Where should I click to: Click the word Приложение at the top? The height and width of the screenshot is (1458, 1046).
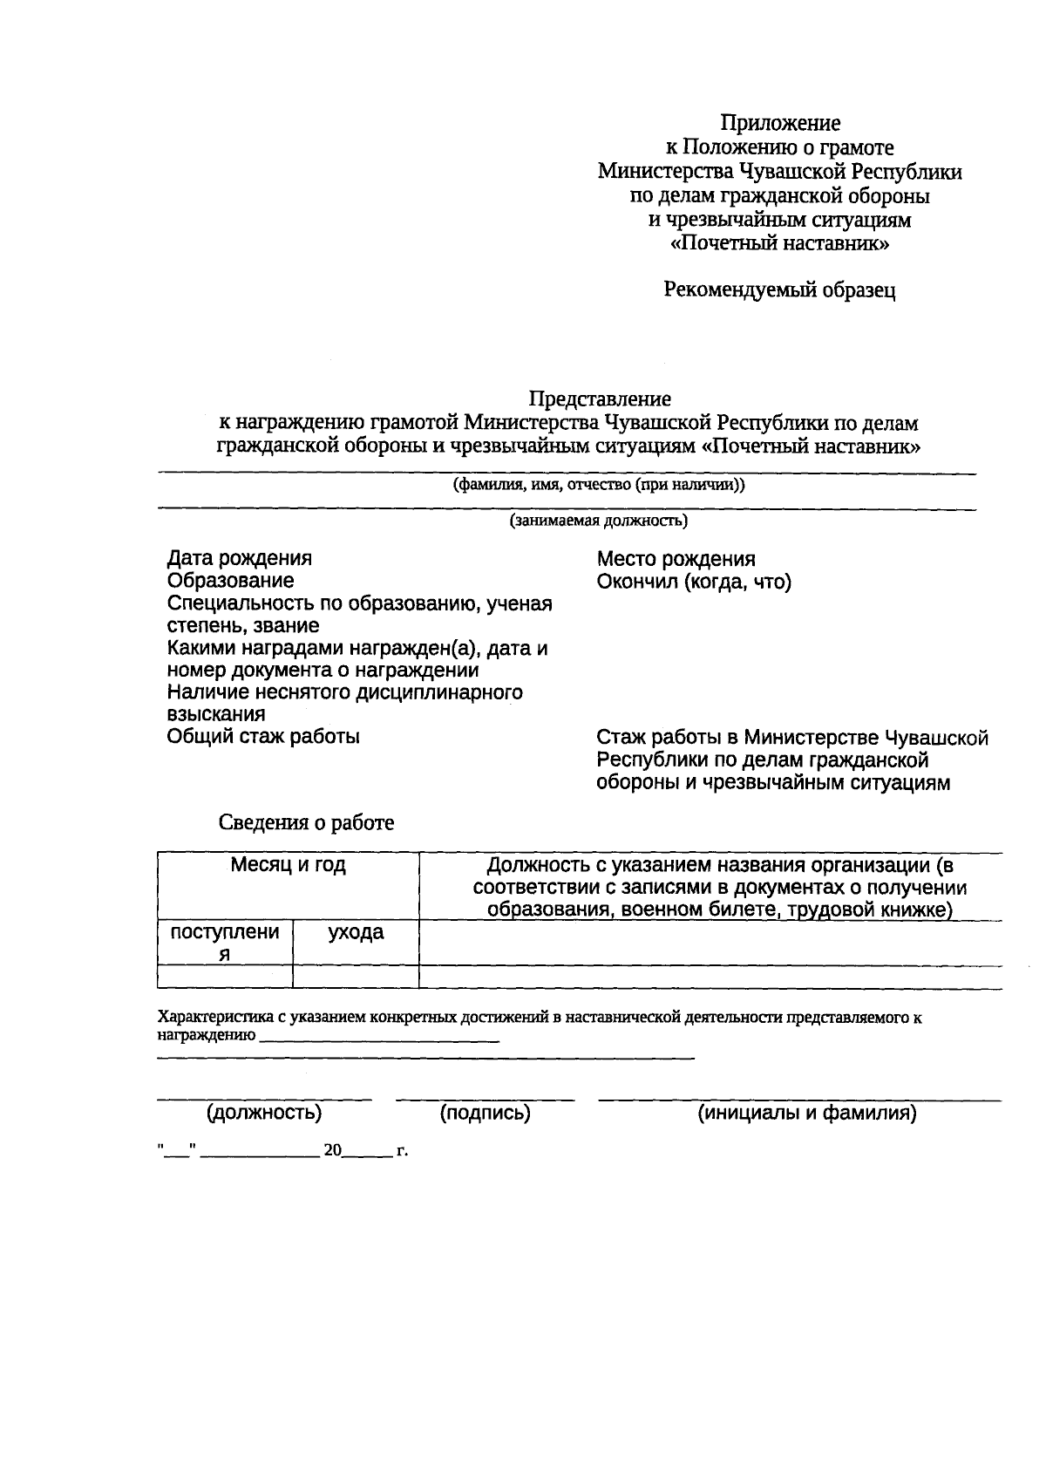(779, 123)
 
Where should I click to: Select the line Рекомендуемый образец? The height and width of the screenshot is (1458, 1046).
(779, 290)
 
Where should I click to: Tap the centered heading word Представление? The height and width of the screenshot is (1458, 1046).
(600, 399)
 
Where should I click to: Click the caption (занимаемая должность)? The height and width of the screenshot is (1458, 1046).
(599, 521)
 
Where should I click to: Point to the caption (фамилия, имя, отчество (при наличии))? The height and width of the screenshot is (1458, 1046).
(599, 485)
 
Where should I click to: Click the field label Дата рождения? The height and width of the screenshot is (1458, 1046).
(239, 558)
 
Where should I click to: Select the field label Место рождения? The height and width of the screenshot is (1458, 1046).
(676, 559)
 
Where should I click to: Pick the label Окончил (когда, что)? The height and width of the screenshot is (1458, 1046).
(694, 582)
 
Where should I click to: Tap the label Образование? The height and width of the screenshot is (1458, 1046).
(230, 581)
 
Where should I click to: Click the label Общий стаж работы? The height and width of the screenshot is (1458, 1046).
(263, 737)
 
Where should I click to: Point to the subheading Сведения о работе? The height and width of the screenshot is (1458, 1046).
(306, 822)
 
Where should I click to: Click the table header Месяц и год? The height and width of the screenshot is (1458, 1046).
(288, 865)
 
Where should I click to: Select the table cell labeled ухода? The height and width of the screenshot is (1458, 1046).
(356, 932)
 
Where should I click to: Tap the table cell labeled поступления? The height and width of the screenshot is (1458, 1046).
(225, 942)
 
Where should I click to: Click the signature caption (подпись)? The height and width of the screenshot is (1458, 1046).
(486, 1113)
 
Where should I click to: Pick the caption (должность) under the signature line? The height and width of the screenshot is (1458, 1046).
(264, 1113)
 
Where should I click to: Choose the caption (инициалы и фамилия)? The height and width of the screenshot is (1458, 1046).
(806, 1113)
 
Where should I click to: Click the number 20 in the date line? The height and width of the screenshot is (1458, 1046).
(332, 1151)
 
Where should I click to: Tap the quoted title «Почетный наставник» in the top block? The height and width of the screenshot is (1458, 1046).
(779, 244)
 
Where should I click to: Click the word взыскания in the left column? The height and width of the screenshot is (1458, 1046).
(216, 714)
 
